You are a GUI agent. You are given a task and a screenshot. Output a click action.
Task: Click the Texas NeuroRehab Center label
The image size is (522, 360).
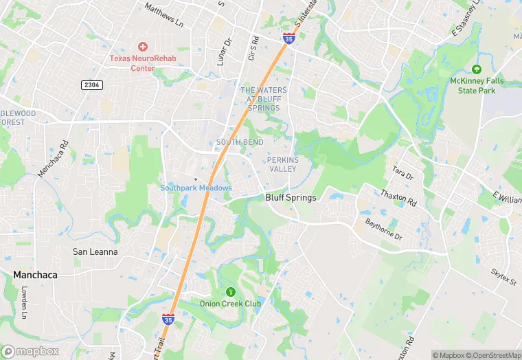coord(143,63)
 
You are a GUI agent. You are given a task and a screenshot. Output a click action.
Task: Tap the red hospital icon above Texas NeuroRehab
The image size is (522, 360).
coord(143,47)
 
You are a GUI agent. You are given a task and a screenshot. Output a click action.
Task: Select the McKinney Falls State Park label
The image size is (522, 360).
coord(477,85)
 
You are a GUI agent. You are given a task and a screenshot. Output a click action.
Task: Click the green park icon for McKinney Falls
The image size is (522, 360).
coord(477,69)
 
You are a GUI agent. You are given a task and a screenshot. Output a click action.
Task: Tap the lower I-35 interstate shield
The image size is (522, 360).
coord(168,319)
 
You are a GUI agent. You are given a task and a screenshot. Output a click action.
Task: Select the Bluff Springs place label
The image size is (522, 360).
coord(291,198)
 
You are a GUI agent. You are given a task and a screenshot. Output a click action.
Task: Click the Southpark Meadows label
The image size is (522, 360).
coord(196,188)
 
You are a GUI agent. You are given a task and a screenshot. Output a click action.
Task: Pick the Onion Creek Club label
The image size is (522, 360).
coord(230,304)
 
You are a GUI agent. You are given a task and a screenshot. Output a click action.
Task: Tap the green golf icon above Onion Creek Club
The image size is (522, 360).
coord(230,291)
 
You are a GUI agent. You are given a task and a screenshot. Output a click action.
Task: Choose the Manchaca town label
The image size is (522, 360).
coord(35,275)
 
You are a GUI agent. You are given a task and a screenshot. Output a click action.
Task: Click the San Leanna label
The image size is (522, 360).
coord(95,252)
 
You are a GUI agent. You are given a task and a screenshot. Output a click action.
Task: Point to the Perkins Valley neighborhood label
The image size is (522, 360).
coord(281,164)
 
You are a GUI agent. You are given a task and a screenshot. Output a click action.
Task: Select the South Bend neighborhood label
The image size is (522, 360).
coord(240,142)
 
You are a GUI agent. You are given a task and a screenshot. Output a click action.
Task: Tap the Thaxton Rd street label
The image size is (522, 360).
coord(398,199)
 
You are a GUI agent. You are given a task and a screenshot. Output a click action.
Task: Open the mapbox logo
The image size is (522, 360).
coord(30,351)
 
